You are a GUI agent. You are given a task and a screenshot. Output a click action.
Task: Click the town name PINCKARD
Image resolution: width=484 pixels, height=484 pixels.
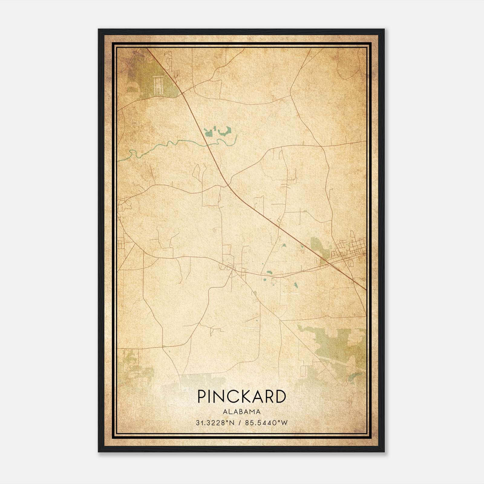tap(242, 397)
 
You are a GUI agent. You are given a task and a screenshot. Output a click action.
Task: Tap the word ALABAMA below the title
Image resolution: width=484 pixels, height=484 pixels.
tap(242, 412)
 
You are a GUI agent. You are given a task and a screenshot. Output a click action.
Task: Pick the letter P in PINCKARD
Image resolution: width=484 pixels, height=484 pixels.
tap(201, 397)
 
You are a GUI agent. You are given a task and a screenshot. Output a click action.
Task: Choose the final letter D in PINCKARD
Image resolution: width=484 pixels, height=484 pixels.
tap(281, 397)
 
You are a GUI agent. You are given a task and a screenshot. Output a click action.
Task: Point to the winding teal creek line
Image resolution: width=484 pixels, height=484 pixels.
tap(169, 144)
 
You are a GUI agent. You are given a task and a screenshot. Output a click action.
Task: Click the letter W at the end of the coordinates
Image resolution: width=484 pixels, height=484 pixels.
tap(284, 423)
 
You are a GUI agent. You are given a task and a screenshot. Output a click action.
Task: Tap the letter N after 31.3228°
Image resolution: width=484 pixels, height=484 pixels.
tap(232, 423)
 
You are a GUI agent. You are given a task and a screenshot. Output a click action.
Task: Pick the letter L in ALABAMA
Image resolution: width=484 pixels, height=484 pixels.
tap(230, 412)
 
